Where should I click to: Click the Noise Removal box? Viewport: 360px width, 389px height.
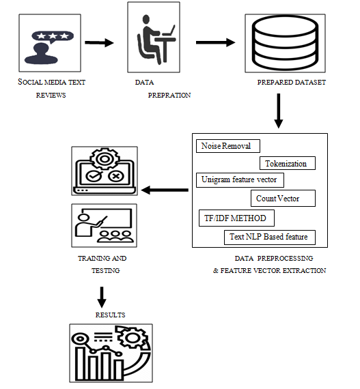[228, 146]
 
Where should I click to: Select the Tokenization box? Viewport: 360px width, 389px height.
[288, 163]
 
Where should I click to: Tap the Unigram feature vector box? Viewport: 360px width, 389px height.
[240, 180]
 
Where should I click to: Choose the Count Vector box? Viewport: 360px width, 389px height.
[283, 198]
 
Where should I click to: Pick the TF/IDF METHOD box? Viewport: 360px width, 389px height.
[236, 218]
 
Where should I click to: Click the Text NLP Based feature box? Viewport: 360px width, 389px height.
[270, 237]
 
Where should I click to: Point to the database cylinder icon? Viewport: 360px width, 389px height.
[285, 43]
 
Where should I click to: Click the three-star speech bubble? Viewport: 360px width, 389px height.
[53, 36]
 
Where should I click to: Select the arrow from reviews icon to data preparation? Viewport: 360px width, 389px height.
[99, 43]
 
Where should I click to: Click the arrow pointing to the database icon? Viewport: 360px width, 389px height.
[215, 42]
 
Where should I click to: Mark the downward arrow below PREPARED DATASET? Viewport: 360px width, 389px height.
[279, 111]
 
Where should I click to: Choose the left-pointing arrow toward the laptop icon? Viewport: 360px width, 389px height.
[165, 190]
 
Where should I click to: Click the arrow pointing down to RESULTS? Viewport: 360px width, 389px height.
[102, 297]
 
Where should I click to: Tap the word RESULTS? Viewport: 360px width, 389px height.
[110, 315]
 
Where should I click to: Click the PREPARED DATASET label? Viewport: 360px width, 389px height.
[291, 83]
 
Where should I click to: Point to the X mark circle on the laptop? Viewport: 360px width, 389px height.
[116, 176]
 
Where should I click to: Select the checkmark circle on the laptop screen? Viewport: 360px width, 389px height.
[94, 176]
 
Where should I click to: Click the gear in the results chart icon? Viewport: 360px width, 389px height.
[133, 338]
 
